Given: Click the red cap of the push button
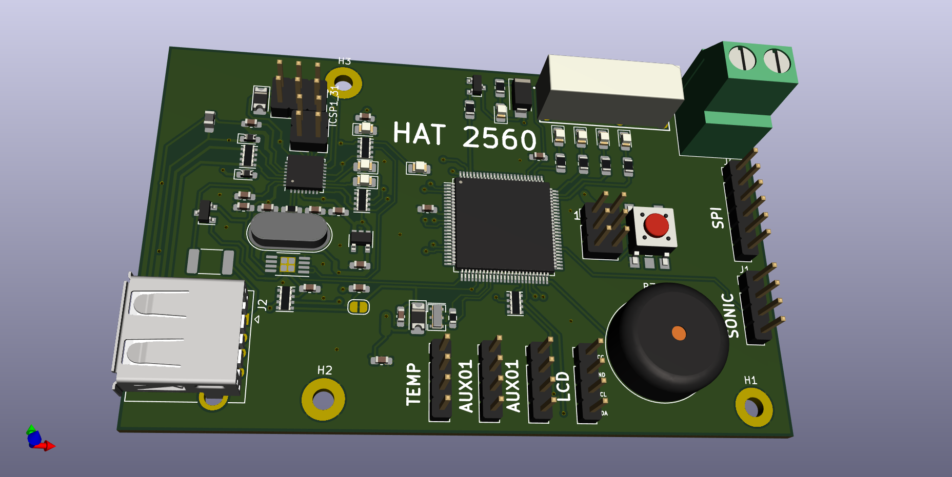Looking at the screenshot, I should click(657, 225).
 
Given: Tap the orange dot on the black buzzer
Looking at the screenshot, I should click(679, 333).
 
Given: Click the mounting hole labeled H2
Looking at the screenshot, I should click(323, 400).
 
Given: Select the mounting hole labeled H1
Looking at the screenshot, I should click(753, 407).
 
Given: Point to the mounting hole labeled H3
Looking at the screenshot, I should click(343, 83).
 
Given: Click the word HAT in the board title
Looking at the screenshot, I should click(419, 134).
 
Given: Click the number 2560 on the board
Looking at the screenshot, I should click(499, 138).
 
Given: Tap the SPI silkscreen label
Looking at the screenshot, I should click(717, 218).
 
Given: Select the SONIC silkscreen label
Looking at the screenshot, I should click(731, 315).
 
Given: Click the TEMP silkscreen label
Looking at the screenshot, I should click(413, 384).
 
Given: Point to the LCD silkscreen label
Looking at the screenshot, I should click(563, 387).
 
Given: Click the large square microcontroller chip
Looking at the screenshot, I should click(504, 225).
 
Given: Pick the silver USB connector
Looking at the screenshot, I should click(180, 336).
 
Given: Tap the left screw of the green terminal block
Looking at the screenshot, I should click(742, 58).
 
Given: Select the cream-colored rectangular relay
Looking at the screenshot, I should click(610, 90).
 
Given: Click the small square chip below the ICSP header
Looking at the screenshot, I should click(305, 173).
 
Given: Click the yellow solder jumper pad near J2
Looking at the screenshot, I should click(359, 307).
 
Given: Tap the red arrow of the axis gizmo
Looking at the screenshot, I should click(49, 446).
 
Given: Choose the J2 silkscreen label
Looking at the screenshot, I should click(263, 305).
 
